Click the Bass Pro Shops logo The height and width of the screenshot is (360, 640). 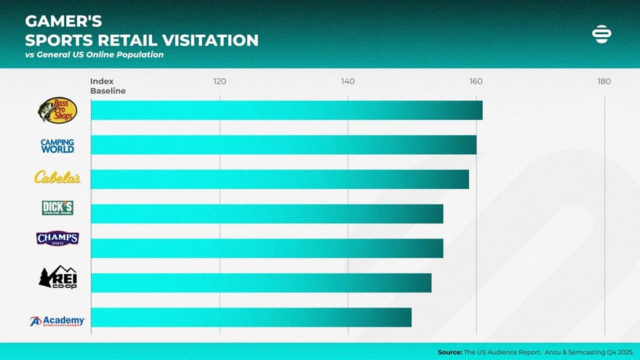57,110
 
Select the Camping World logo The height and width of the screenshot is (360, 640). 57,145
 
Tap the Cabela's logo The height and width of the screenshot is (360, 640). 57,177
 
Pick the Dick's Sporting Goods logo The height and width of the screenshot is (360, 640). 57,208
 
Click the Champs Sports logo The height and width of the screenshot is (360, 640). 57,239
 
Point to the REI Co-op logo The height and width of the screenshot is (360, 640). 57,277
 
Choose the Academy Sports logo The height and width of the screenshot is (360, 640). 57,321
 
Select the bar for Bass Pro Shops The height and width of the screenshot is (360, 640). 287,111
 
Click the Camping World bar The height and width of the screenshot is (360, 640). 284,145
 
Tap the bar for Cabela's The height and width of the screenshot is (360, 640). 280,179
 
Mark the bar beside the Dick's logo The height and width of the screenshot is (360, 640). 267,214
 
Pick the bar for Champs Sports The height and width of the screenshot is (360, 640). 267,248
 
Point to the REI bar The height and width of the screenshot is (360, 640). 261,283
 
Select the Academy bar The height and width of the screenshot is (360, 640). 251,317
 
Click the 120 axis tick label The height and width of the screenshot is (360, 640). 220,81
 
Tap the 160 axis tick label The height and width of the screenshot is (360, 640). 476,81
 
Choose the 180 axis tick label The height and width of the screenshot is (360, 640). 604,81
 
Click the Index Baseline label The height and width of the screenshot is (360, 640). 108,86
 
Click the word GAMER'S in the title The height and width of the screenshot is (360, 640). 63,21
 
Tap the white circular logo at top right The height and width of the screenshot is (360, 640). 602,34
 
